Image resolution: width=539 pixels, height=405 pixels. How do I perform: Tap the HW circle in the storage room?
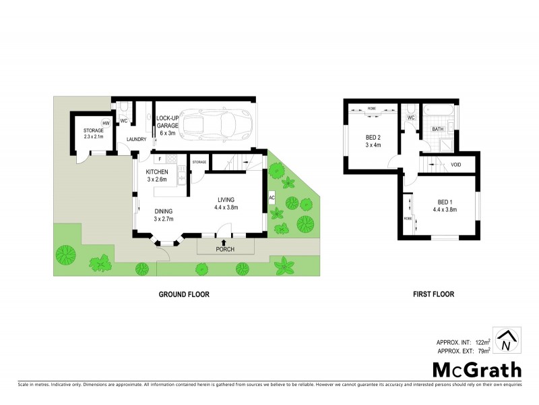pyautogui.click(x=106, y=123)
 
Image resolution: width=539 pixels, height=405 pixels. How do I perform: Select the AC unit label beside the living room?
pyautogui.click(x=272, y=198)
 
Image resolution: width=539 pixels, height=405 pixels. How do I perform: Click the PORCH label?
pyautogui.click(x=224, y=249)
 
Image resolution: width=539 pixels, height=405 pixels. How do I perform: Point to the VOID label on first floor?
pyautogui.click(x=456, y=164)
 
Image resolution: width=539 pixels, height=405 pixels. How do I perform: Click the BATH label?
pyautogui.click(x=437, y=129)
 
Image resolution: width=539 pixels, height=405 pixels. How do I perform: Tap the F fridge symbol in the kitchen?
pyautogui.click(x=159, y=159)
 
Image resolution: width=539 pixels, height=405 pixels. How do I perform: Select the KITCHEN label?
pyautogui.click(x=157, y=172)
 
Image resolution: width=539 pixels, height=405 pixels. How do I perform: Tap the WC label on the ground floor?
pyautogui.click(x=124, y=121)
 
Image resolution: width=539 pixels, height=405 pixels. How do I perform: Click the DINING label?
pyautogui.click(x=164, y=210)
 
